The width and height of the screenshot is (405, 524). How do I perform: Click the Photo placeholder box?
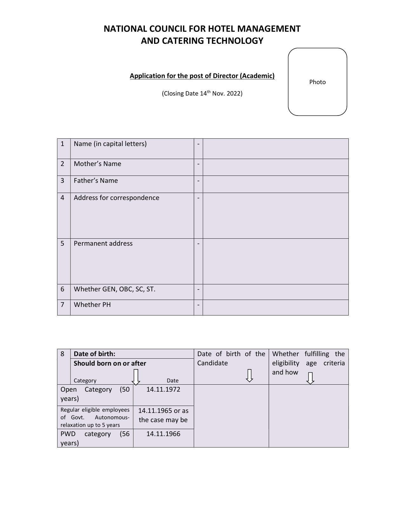(x=317, y=82)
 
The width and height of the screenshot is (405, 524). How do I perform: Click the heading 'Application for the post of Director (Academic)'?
(x=202, y=76)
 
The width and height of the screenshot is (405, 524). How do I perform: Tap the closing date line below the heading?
(x=202, y=93)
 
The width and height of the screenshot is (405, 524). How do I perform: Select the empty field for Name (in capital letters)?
(x=275, y=149)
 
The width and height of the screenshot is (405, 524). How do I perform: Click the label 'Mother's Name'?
(x=98, y=164)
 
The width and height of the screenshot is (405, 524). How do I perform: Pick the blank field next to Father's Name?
(x=275, y=184)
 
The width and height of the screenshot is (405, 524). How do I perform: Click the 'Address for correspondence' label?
(x=117, y=198)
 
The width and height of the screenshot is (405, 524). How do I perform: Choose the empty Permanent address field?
(x=275, y=261)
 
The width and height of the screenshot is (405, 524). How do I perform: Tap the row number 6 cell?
(x=63, y=289)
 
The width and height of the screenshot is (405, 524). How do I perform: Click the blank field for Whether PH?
(x=275, y=307)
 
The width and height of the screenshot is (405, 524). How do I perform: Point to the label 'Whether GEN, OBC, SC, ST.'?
(x=115, y=289)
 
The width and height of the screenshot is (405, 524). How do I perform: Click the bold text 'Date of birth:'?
(x=95, y=354)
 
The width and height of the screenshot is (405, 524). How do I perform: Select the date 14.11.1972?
(x=163, y=389)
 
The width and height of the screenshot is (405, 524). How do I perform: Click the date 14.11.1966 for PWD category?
(x=163, y=434)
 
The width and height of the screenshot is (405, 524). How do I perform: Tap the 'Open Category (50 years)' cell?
(x=95, y=394)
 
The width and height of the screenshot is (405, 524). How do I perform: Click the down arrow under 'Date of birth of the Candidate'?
(x=250, y=375)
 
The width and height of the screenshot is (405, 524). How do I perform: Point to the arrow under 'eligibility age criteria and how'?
(x=310, y=378)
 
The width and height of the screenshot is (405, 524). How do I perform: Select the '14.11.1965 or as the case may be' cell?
(x=163, y=415)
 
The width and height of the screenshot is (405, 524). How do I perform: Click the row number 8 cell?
(x=63, y=354)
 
